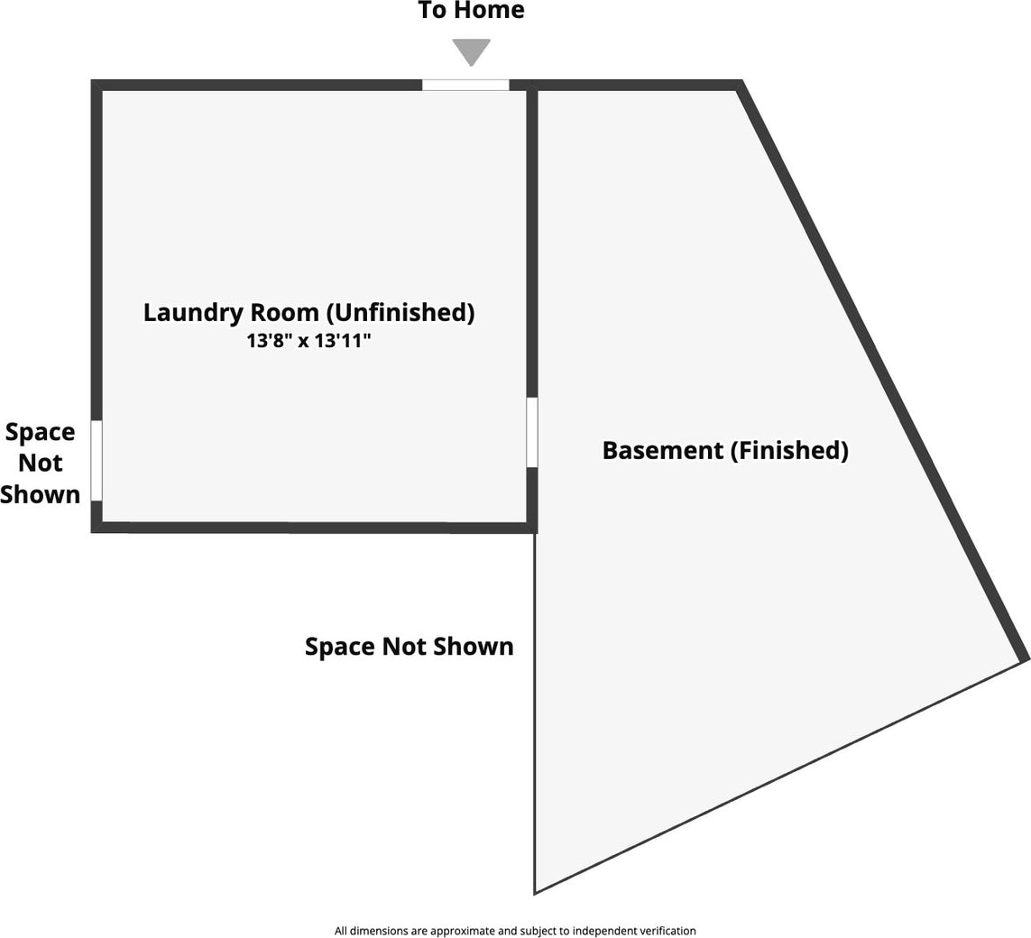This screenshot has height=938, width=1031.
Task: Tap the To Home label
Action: click(x=471, y=11)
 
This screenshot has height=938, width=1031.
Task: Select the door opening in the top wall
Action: click(x=465, y=85)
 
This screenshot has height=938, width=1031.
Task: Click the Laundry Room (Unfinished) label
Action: click(x=308, y=313)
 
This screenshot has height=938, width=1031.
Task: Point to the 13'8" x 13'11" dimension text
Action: click(x=308, y=342)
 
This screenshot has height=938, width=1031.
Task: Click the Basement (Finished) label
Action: click(x=725, y=450)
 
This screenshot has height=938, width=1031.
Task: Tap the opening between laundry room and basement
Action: click(x=532, y=432)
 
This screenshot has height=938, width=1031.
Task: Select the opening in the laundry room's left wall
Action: click(x=97, y=460)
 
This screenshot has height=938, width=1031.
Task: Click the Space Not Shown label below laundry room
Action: click(x=409, y=647)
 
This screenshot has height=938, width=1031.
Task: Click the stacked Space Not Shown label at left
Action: click(x=41, y=463)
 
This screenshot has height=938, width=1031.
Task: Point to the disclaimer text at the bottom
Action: click(x=515, y=931)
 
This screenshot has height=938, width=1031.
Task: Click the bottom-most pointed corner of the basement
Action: click(x=536, y=892)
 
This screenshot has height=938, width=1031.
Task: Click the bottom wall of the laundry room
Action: click(x=307, y=527)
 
